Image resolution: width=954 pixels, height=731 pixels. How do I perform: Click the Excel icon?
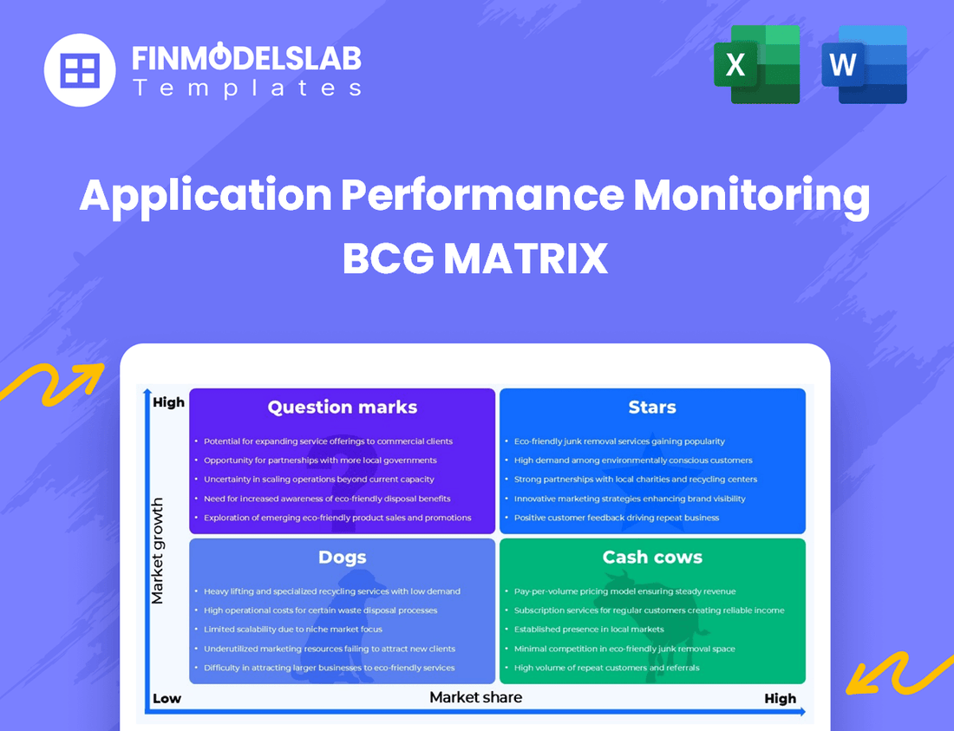756,64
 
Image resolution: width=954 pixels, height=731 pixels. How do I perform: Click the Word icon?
864,64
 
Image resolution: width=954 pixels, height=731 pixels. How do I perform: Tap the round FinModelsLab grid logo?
80,69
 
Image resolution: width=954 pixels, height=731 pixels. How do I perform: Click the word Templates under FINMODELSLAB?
246,88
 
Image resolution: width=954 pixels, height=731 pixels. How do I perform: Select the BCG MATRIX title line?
475,258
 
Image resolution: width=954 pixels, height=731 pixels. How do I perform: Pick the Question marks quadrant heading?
342,407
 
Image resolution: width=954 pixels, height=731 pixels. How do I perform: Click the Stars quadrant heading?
652,407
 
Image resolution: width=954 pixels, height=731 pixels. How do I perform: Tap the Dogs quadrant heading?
342,557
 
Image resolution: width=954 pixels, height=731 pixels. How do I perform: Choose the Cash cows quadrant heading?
652,557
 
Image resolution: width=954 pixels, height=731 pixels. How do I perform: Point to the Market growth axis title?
157,551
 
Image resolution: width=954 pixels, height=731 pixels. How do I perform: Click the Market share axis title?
475,696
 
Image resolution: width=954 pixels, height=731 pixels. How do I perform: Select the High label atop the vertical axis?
168,402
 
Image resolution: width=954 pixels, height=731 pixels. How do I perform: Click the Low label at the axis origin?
167,698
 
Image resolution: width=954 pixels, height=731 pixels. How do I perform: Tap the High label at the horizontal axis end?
780,698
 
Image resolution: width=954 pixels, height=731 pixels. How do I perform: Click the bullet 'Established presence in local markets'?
588,630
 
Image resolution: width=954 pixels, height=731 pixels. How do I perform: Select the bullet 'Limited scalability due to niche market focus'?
292,630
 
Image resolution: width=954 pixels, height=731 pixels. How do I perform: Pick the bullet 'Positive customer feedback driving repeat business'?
616,518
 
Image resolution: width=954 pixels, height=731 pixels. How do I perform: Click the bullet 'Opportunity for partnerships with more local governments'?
319,460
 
